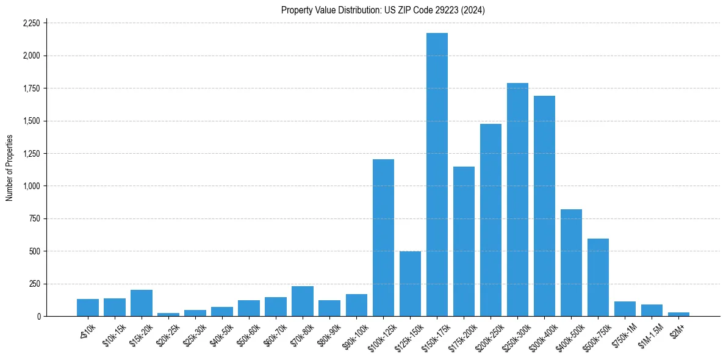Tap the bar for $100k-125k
click(x=383, y=238)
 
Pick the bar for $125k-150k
click(x=410, y=284)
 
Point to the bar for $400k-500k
click(x=571, y=263)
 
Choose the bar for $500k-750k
click(x=598, y=278)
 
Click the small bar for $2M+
click(x=678, y=314)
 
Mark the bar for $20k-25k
click(x=168, y=314)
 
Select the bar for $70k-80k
click(x=303, y=301)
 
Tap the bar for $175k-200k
click(x=464, y=241)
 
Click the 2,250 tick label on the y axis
click(x=31, y=23)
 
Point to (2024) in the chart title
click(x=474, y=10)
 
